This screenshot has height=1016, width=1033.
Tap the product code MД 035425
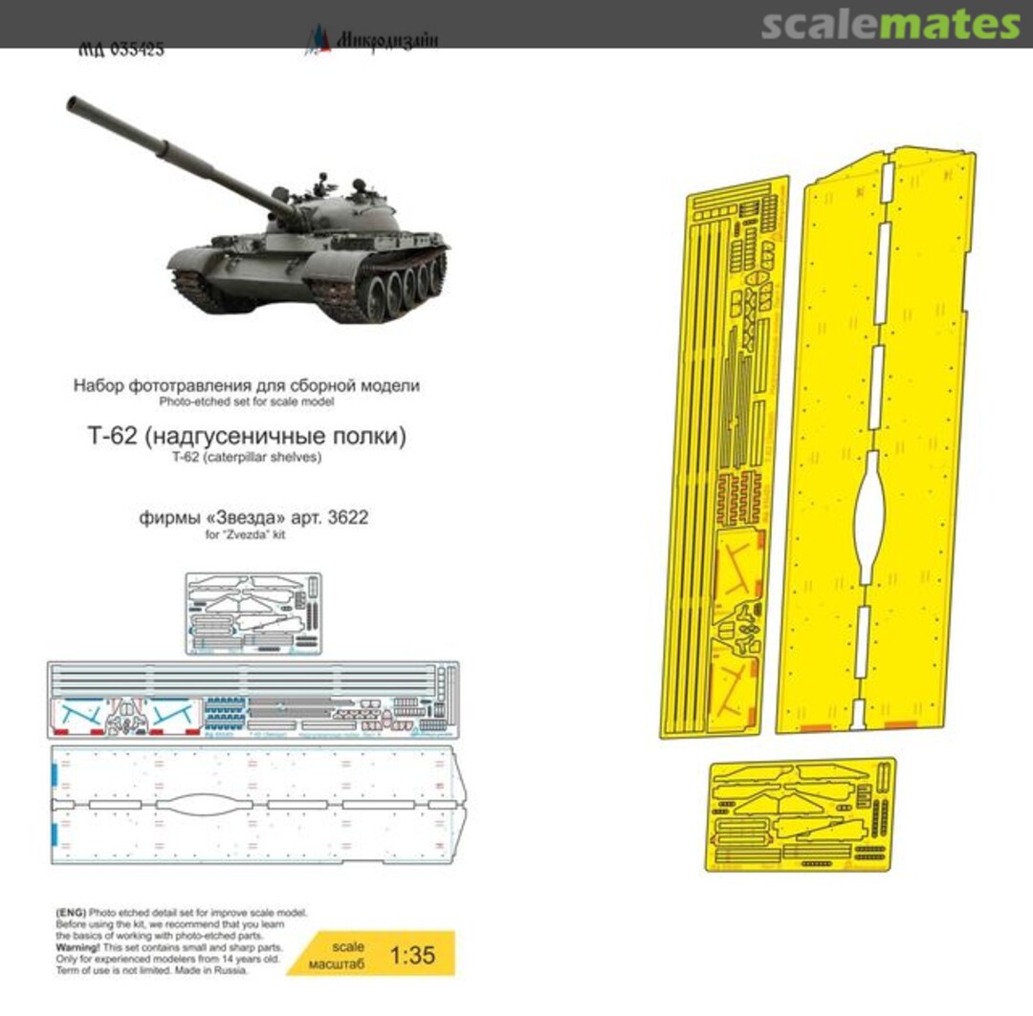click(121, 49)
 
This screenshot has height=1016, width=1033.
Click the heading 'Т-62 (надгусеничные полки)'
click(246, 438)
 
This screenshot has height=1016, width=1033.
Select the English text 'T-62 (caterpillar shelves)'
click(246, 458)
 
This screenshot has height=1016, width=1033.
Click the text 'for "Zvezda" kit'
click(246, 534)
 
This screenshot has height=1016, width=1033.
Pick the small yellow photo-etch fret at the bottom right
click(802, 812)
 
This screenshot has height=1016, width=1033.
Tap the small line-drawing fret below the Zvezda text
click(253, 613)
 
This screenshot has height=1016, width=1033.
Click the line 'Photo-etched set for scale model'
click(246, 401)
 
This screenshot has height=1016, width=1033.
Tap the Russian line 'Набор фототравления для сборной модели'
click(246, 385)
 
